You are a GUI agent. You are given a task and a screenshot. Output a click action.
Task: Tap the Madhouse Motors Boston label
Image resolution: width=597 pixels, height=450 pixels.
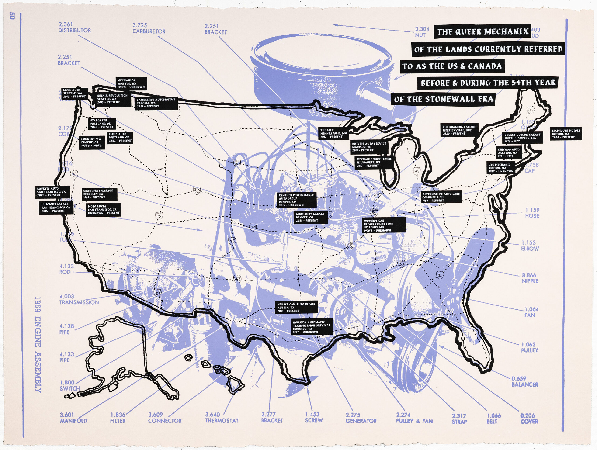(x=566, y=134)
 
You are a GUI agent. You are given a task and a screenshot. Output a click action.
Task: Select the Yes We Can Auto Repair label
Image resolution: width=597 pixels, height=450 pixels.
(x=296, y=307)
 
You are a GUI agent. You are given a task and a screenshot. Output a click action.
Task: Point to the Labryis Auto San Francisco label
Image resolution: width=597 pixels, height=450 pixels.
(x=52, y=192)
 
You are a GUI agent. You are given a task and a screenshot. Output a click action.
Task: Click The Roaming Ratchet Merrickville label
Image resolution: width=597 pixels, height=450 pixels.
(x=459, y=130)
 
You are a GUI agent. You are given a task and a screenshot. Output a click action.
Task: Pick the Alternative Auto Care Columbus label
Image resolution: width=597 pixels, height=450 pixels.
(x=441, y=197)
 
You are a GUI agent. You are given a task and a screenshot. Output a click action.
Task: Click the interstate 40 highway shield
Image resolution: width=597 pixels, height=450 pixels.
(x=237, y=280)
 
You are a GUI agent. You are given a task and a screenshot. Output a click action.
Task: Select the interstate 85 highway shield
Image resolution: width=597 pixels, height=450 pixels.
(x=440, y=275)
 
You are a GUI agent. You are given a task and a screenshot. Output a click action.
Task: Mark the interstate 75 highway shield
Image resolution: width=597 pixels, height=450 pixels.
(x=417, y=171)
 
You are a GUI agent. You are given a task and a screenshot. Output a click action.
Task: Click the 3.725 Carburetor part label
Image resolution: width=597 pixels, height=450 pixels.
(x=149, y=28)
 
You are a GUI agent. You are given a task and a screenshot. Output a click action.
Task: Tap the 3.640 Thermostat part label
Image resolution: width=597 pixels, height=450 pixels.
(x=222, y=417)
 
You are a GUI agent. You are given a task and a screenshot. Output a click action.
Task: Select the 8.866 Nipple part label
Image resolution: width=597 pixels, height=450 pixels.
(x=530, y=278)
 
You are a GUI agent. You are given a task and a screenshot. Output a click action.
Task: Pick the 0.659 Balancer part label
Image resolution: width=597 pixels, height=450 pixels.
(x=524, y=381)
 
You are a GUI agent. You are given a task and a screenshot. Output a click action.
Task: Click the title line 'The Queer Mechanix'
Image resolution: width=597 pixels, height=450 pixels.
(x=482, y=31)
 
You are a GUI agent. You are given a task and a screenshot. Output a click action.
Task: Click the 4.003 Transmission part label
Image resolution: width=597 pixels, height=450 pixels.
(x=79, y=299)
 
